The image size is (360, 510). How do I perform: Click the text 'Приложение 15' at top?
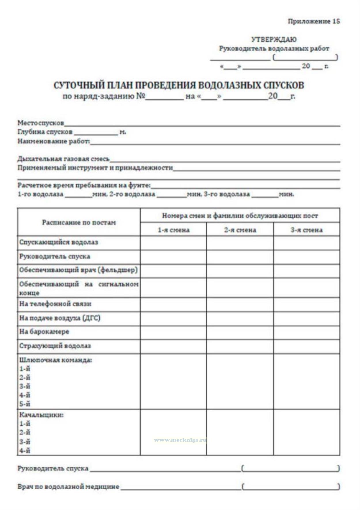point(314,21)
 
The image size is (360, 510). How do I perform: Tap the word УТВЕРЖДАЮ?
point(274,39)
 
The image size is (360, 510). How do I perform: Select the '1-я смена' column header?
point(173,230)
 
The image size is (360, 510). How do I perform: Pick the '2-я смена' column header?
point(240,230)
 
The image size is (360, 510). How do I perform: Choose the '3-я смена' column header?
point(306,230)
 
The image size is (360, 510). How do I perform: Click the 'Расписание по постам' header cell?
point(79,222)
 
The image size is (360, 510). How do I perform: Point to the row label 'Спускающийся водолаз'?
point(59,242)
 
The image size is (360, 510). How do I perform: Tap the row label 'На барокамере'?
point(44,331)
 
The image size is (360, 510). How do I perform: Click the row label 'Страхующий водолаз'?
point(55,346)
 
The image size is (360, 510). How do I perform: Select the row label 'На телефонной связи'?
point(55,304)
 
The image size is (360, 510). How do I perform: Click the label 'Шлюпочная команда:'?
point(56,360)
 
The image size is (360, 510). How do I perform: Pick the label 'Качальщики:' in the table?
point(41,415)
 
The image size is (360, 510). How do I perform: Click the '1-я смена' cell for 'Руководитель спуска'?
point(173,257)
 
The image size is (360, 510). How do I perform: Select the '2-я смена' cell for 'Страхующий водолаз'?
point(240,346)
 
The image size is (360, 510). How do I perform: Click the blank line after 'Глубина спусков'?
point(96,134)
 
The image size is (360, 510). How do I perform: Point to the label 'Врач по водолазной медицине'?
point(68,487)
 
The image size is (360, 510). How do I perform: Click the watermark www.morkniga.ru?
point(180,440)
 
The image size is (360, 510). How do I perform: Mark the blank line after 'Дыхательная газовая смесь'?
point(225,161)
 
